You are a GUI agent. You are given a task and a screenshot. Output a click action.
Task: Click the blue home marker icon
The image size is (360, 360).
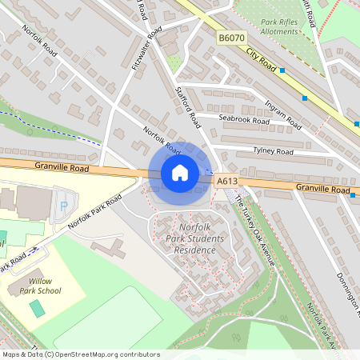pos(180,173)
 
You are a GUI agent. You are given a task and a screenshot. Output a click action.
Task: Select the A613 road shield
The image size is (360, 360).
pos(227,182)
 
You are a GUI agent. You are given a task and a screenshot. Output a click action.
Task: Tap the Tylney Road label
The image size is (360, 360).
pos(274,150)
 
